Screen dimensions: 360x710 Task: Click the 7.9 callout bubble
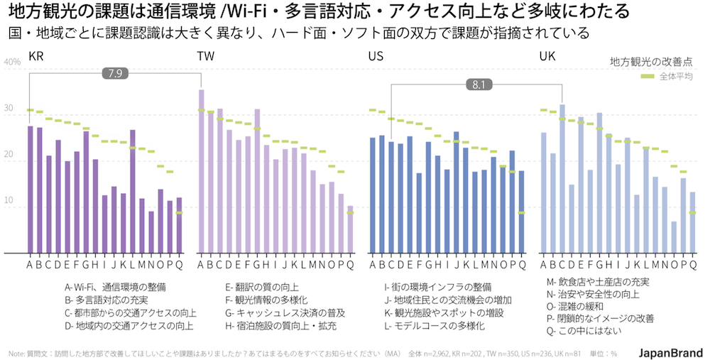pos(116,72)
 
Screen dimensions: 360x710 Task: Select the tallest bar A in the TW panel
pos(201,171)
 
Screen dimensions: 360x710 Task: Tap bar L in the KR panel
pos(133,191)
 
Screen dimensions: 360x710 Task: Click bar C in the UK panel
pos(562,178)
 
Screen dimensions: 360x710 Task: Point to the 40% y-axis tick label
pos(12,62)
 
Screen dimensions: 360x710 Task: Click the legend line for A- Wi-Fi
pos(115,287)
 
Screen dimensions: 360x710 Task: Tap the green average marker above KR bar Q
pos(179,212)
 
